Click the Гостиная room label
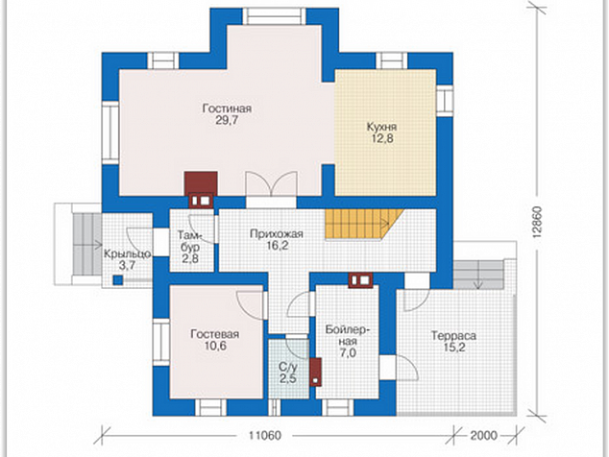click(227, 108)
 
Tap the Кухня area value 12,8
click(382, 138)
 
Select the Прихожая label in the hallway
click(276, 234)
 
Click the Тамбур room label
click(190, 241)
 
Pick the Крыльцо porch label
click(127, 254)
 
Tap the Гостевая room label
click(215, 334)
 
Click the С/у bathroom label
click(288, 367)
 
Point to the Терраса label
click(453, 335)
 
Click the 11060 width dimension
click(264, 436)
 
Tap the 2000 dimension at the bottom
click(483, 436)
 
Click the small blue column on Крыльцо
click(118, 280)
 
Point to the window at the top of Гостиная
click(275, 16)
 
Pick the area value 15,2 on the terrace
click(454, 348)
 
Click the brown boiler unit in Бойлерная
click(316, 372)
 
